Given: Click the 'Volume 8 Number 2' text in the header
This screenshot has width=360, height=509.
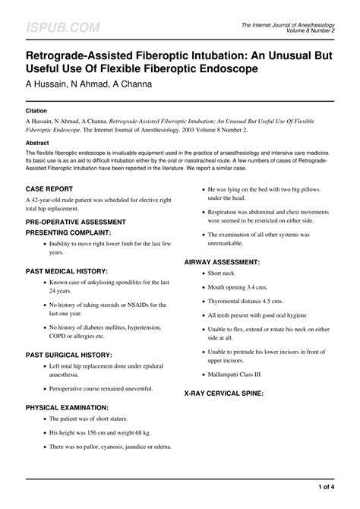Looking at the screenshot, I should (312, 31).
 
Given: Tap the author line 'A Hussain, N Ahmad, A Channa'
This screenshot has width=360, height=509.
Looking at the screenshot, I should (90, 84).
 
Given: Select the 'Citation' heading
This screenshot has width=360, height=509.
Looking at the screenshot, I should (38, 110).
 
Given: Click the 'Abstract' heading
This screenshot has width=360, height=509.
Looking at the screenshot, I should (39, 142).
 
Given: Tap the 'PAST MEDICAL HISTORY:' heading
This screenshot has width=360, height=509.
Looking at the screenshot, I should (67, 270).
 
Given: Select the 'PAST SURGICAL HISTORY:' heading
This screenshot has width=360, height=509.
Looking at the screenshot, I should (69, 355).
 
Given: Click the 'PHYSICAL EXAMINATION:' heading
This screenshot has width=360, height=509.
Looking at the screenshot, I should (67, 407).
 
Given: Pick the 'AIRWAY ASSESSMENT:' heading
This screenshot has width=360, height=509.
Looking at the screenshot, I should (228, 261).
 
